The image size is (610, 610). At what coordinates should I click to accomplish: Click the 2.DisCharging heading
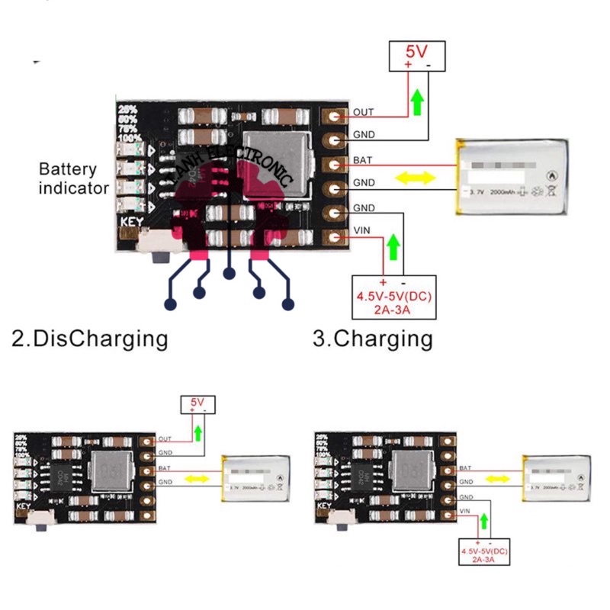pyautogui.click(x=89, y=338)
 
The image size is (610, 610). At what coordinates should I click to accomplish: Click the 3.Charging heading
pyautogui.click(x=373, y=338)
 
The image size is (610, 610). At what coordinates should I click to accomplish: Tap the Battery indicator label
pyautogui.click(x=73, y=178)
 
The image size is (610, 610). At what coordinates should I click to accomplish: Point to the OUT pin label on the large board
pyautogui.click(x=363, y=113)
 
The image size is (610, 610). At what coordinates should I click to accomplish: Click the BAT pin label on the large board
pyautogui.click(x=362, y=162)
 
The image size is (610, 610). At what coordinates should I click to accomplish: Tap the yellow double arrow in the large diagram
pyautogui.click(x=414, y=178)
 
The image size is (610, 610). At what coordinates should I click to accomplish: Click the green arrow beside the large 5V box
pyautogui.click(x=417, y=101)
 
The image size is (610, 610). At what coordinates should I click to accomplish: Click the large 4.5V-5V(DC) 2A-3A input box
pyautogui.click(x=393, y=295)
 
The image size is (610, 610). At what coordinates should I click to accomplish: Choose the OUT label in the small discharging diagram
pyautogui.click(x=165, y=439)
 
